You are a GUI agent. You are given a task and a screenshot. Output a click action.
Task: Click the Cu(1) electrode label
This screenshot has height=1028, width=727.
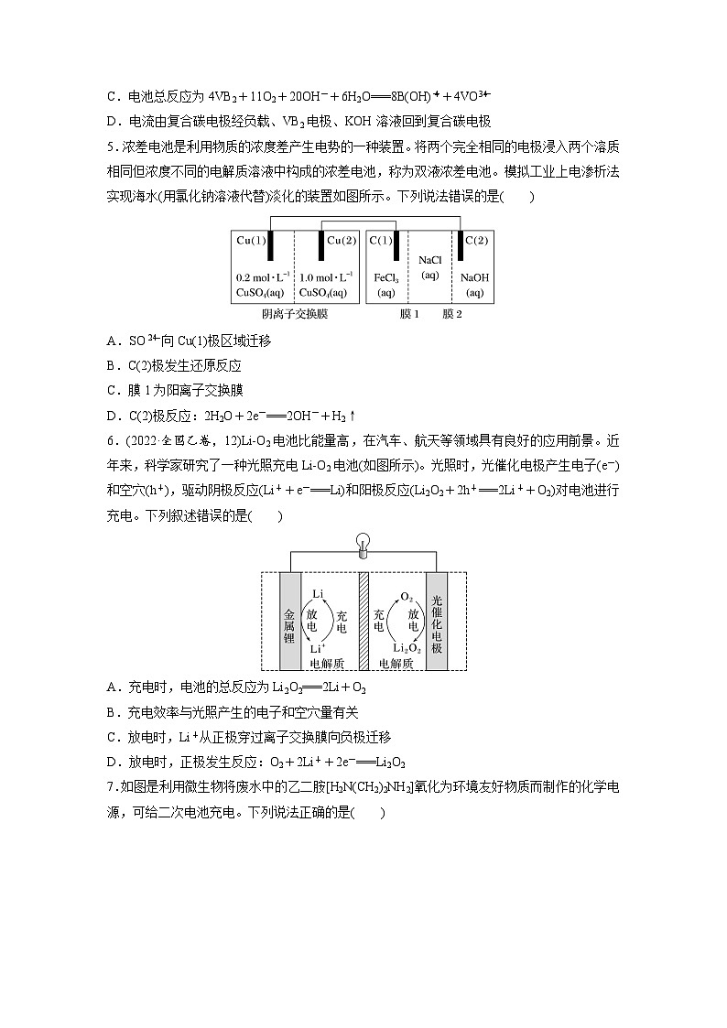[x=252, y=241]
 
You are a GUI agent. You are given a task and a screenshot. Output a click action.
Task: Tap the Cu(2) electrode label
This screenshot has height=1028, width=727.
[x=342, y=241]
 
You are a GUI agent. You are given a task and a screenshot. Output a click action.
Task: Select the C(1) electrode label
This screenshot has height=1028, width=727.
[x=381, y=241]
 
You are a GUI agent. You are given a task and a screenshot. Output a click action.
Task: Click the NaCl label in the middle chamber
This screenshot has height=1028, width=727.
[x=429, y=260]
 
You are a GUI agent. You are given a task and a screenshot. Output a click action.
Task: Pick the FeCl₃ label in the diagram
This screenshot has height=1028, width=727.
[x=385, y=276]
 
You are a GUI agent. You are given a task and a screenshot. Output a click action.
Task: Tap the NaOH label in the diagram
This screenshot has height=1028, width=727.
[x=474, y=276]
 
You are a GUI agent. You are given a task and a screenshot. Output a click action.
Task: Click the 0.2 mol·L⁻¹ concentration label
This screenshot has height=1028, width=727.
[x=263, y=276]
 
